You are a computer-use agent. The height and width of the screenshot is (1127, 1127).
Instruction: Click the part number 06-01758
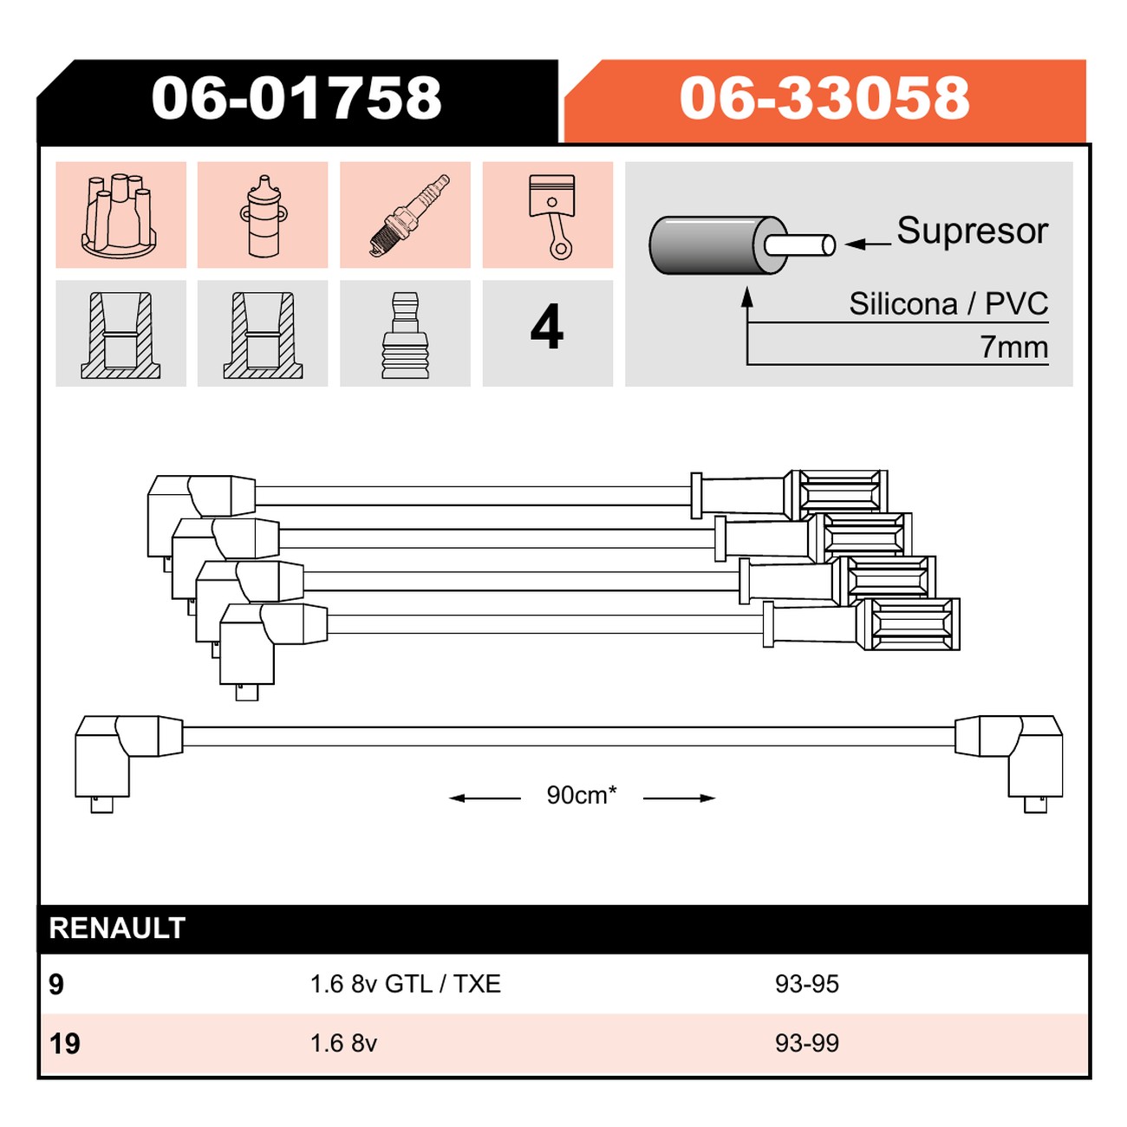[296, 98]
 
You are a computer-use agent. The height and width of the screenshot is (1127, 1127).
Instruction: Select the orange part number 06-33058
[824, 98]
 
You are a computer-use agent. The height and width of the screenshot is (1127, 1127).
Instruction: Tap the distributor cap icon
[120, 215]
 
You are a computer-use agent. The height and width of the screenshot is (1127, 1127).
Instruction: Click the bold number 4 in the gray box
[547, 328]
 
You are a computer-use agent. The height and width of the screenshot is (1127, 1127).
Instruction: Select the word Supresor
[972, 231]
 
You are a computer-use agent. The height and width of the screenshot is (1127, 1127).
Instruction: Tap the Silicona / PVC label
[948, 304]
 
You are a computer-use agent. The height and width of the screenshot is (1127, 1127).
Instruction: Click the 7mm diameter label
[1014, 348]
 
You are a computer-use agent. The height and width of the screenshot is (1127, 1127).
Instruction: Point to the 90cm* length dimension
[582, 795]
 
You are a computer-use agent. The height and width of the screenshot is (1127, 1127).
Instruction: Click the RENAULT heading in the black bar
[117, 928]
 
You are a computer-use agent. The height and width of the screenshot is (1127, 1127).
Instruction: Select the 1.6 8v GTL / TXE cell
[406, 984]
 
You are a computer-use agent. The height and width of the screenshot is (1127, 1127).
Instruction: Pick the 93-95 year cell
[807, 984]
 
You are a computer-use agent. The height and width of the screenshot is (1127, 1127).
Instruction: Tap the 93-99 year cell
[807, 1044]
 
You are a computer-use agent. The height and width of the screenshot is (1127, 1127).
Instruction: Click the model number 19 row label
[64, 1044]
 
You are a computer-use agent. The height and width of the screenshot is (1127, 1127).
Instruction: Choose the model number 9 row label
[56, 985]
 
